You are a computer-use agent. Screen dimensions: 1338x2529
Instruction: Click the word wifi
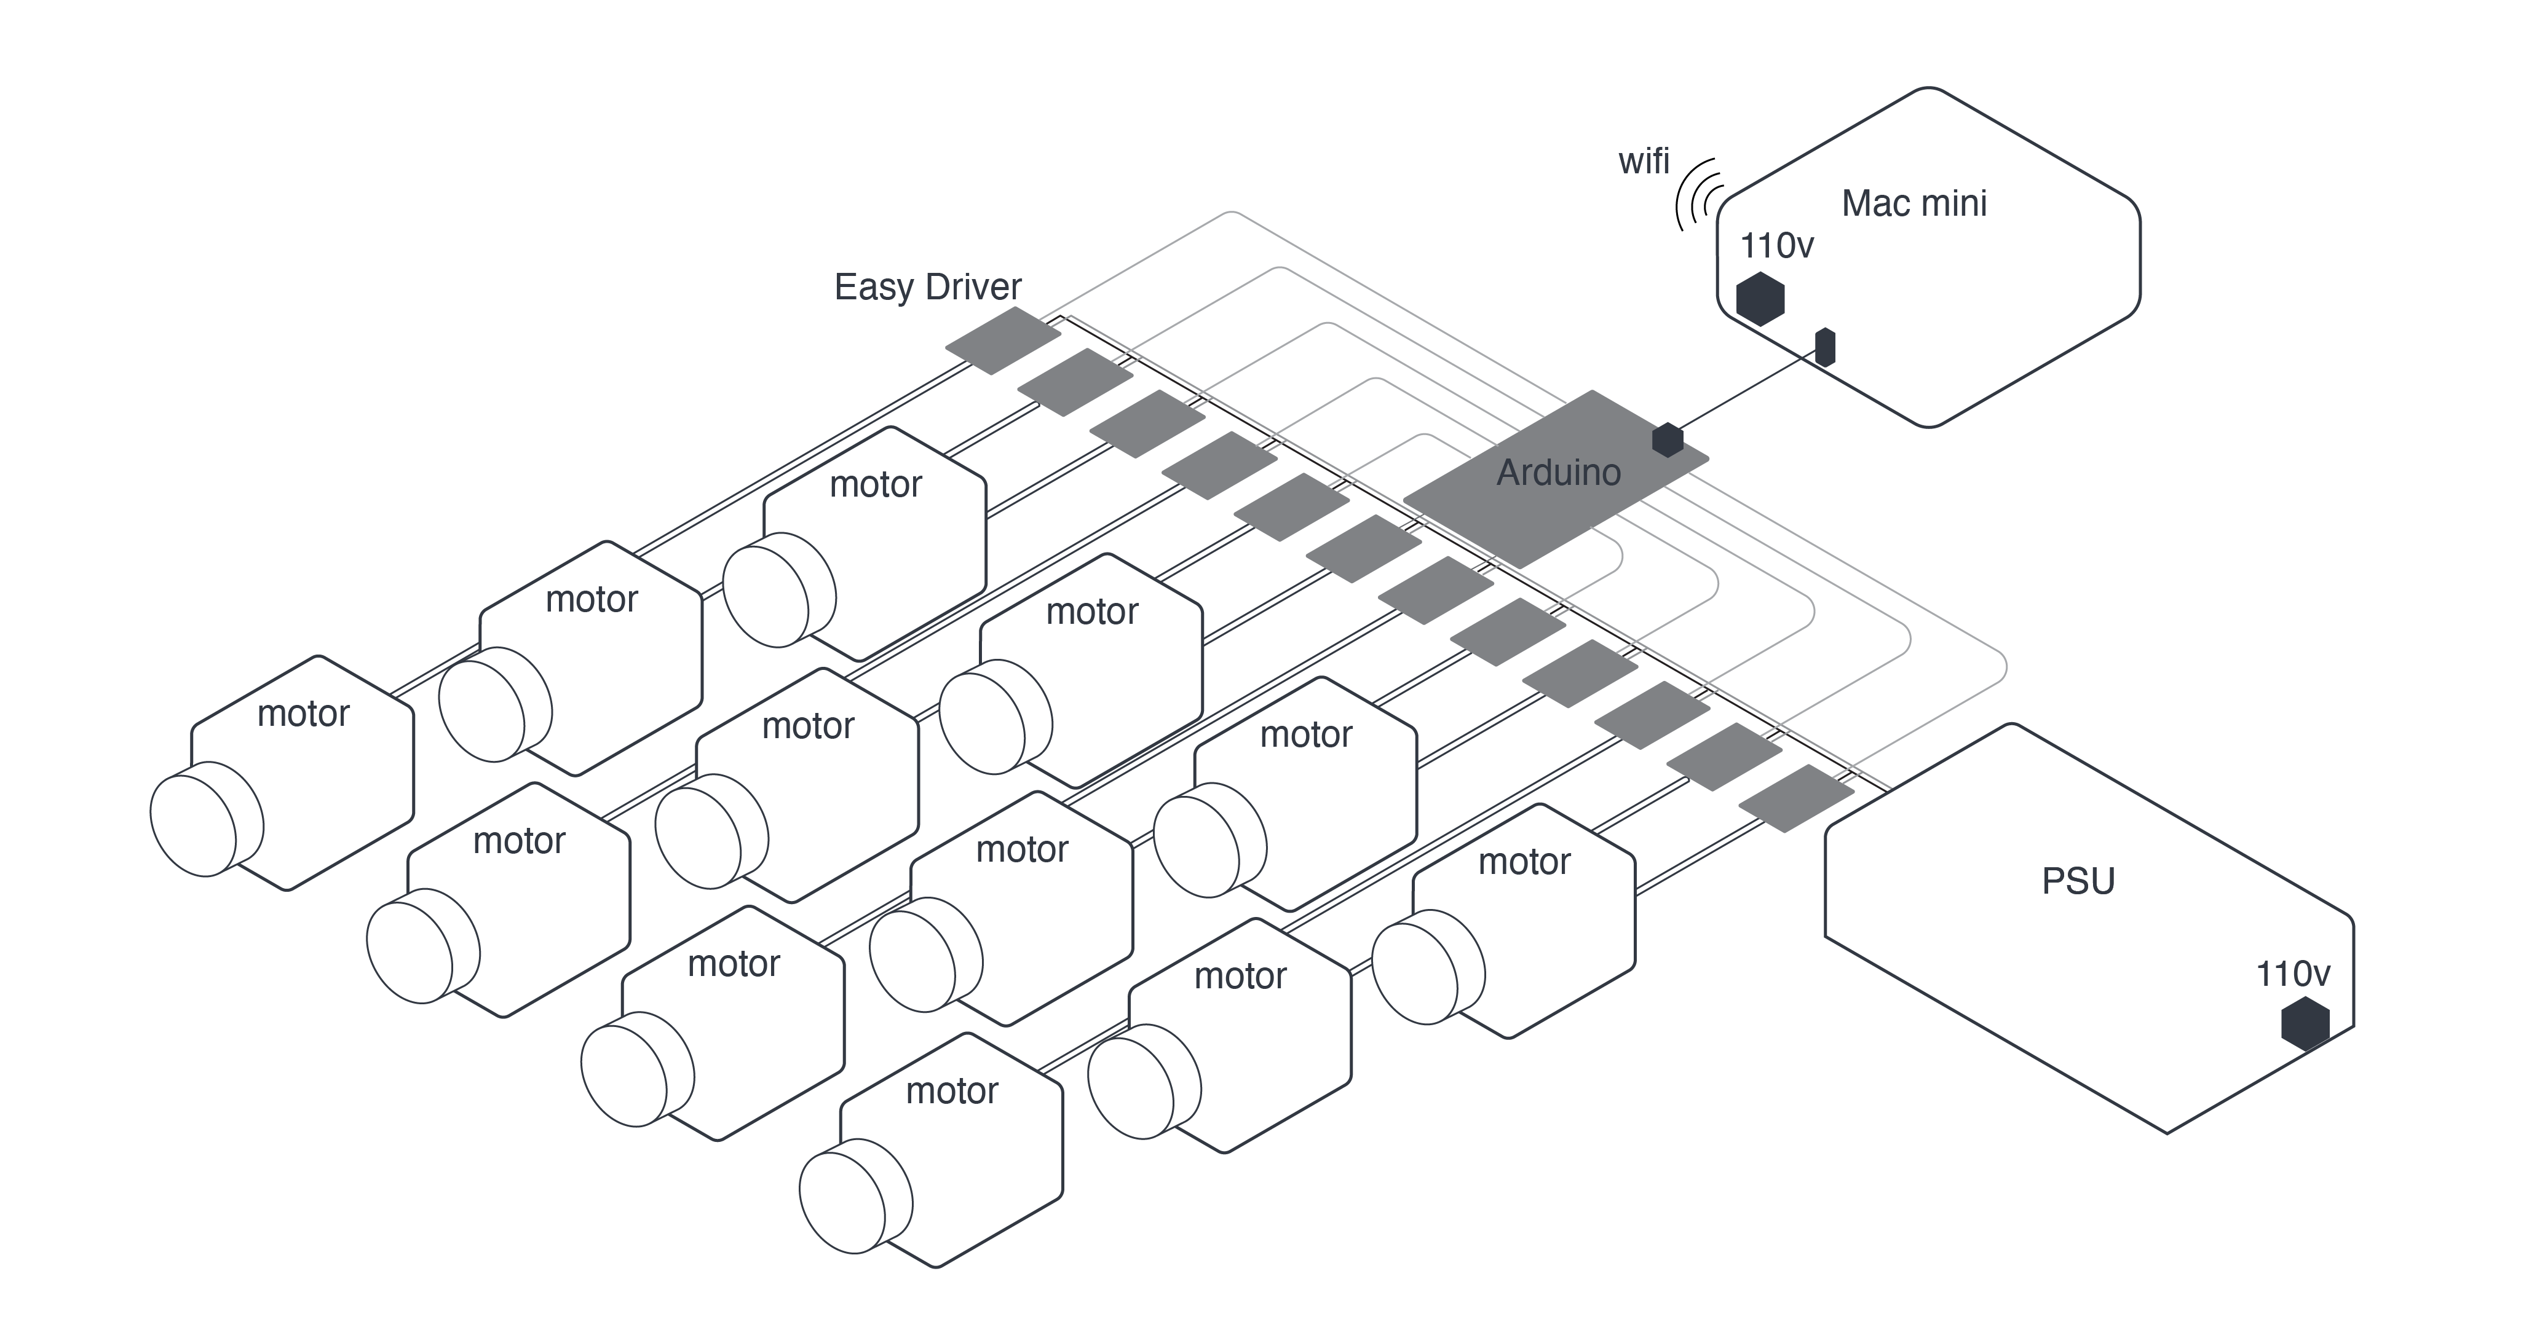(1644, 161)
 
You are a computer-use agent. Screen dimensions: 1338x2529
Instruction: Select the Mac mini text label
(1914, 203)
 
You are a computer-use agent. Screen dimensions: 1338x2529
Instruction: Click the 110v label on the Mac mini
(1776, 245)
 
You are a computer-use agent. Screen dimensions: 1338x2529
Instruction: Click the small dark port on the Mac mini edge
(1825, 347)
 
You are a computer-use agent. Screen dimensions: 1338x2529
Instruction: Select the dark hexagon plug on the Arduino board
(1667, 439)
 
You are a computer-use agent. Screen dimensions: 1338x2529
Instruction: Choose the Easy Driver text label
(928, 286)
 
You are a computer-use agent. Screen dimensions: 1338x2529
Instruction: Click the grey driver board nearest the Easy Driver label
(1002, 340)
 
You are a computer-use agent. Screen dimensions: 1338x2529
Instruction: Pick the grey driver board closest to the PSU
(1795, 798)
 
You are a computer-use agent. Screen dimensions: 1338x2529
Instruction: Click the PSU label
(2078, 881)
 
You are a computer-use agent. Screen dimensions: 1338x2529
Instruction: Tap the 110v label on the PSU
(2292, 974)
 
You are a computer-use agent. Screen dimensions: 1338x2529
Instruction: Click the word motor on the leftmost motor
(303, 714)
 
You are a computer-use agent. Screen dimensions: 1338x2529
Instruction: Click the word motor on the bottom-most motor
(951, 1091)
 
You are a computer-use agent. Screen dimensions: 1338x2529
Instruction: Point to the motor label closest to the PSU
(1524, 862)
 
